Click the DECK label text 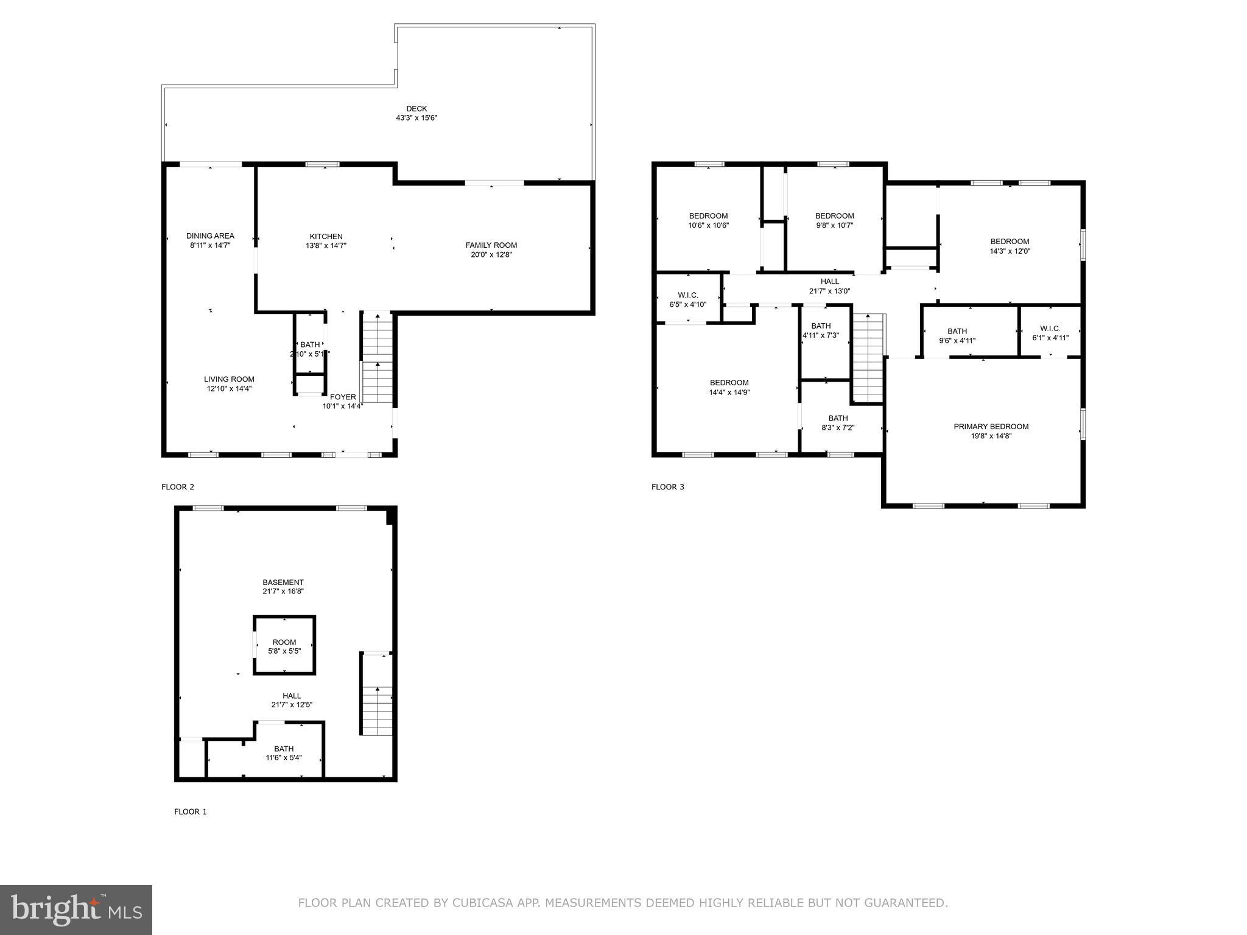(x=416, y=109)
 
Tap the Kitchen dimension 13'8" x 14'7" (x=326, y=246)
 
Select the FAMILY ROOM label (x=491, y=245)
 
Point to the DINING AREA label (x=210, y=236)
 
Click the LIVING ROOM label (x=229, y=379)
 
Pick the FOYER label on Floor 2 (x=343, y=397)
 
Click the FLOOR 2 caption (x=178, y=487)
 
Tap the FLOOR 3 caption (x=668, y=487)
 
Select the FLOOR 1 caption (x=191, y=811)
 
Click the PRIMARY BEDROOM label (x=991, y=427)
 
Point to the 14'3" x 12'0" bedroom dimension (x=1010, y=251)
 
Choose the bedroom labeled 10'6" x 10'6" (x=708, y=220)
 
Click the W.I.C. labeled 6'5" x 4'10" (x=687, y=299)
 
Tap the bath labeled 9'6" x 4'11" (x=957, y=336)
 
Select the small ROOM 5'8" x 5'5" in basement (x=284, y=646)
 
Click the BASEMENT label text (x=283, y=583)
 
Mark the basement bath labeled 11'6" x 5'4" (x=284, y=753)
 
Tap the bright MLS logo (x=76, y=909)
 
